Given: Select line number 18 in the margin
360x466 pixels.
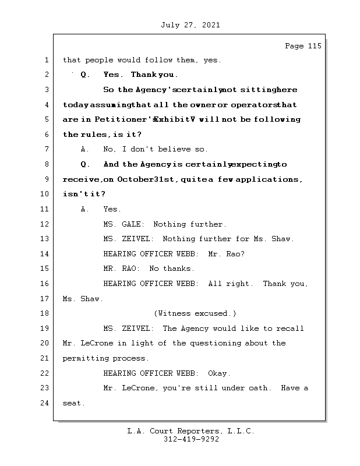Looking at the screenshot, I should click(45, 313).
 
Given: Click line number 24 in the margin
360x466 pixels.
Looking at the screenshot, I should click(45, 403).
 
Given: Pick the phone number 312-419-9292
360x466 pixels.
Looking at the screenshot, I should click(191, 440).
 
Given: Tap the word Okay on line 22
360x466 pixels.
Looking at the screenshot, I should click(219, 373).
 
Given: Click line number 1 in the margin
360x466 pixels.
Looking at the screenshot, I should click(45, 60).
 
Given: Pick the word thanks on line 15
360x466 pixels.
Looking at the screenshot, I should click(180, 269).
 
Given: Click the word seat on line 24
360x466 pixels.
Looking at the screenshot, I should click(72, 403).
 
